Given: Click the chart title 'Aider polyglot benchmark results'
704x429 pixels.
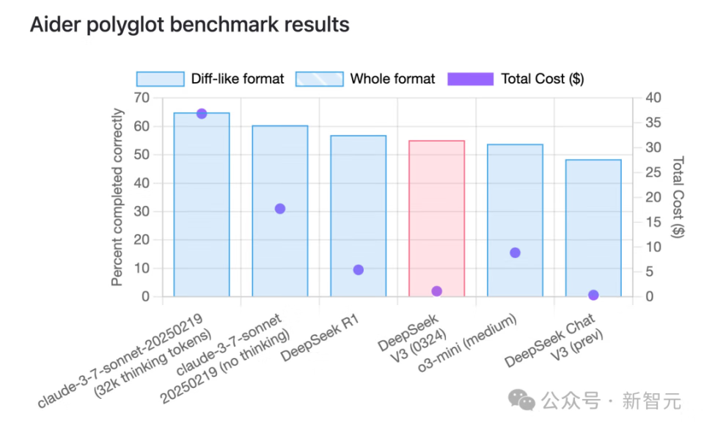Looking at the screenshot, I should coord(189,25).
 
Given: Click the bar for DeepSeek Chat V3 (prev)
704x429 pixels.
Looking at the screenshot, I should coord(593,227).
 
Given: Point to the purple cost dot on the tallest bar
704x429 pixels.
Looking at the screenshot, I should coord(202,114).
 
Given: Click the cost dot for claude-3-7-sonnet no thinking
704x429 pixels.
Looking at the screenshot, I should coord(279,208).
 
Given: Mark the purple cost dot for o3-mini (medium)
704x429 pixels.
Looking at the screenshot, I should coord(515,253).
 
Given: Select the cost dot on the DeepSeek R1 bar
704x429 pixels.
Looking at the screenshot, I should coord(358,270).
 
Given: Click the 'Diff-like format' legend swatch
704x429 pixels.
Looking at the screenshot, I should coord(160,79).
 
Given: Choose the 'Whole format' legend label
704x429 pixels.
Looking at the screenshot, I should coord(392,79).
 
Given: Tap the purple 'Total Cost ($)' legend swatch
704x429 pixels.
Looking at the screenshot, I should coord(470,79).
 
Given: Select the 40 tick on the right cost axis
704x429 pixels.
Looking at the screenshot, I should coord(653,98).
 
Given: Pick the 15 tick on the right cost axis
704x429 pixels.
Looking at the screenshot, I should coord(653,222).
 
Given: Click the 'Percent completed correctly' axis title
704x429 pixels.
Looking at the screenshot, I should coord(118,197).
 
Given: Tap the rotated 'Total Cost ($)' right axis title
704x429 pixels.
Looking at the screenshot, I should coord(678,197).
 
